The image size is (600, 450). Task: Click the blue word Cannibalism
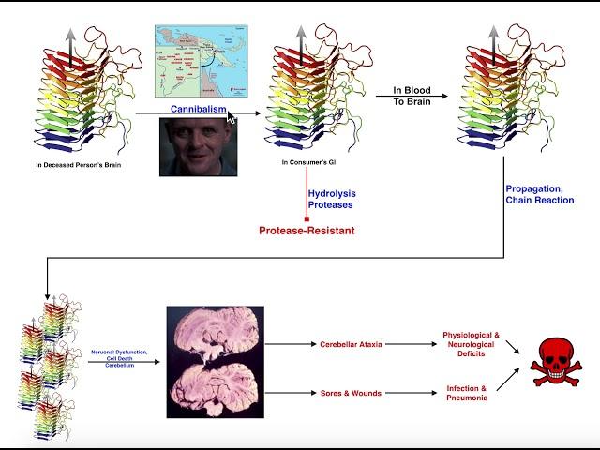198,109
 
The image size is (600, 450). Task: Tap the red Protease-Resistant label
307,231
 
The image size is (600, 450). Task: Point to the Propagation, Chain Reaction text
539,194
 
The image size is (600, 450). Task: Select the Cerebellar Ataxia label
350,343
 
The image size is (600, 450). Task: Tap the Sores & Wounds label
350,393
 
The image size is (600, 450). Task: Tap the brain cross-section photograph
215,362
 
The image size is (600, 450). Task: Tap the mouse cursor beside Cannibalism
232,116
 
